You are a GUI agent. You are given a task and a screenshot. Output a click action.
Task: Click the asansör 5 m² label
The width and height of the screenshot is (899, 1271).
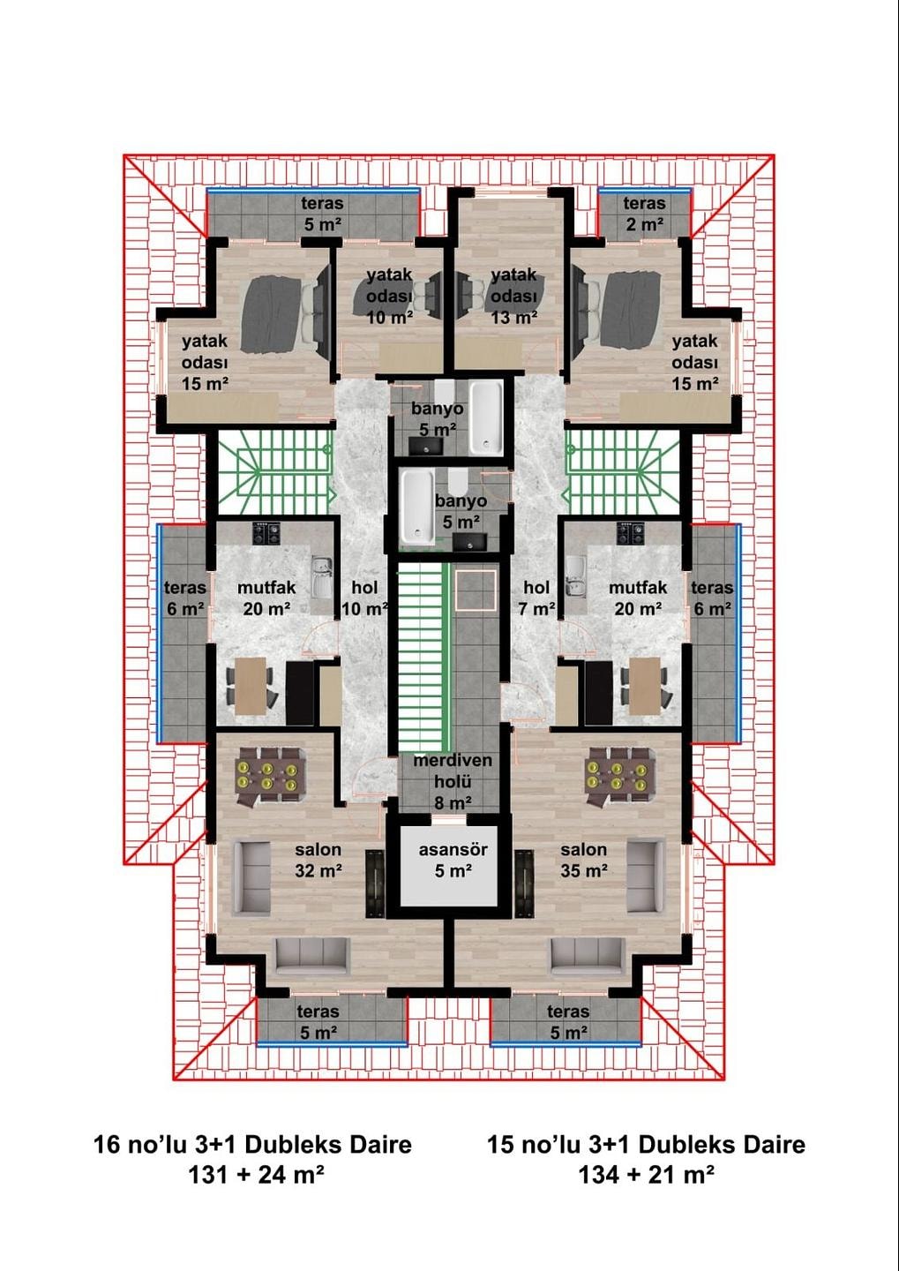(453, 861)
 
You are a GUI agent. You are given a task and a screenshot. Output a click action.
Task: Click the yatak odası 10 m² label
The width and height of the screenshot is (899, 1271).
(389, 297)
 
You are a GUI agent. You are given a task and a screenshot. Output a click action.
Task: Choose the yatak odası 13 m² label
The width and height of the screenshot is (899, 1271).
(513, 297)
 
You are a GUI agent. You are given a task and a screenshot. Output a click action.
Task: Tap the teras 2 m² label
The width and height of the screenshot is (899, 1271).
(644, 214)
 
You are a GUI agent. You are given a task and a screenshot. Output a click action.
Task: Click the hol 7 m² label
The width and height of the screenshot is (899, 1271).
(536, 598)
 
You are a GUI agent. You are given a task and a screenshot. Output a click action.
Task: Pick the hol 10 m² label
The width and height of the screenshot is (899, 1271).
(364, 598)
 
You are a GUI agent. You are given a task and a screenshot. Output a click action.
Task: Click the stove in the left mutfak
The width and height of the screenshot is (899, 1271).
(266, 533)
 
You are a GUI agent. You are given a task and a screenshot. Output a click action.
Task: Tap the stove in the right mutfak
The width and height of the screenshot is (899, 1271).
(631, 533)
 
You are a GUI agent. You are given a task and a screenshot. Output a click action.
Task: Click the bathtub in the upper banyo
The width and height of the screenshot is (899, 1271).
(485, 417)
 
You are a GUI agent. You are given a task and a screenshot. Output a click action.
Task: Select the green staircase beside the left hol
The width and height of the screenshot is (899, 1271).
(274, 472)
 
